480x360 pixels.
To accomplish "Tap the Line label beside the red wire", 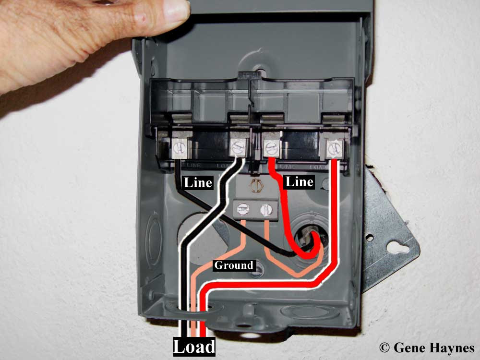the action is (x=300, y=182).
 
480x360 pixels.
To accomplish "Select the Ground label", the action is (x=233, y=265).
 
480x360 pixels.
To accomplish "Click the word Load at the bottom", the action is (x=194, y=347).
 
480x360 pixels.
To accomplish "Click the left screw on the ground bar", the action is (x=243, y=209).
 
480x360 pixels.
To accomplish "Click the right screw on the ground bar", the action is (x=264, y=209).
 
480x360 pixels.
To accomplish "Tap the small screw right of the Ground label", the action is (x=258, y=270).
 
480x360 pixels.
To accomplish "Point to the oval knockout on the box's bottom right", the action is (x=300, y=312).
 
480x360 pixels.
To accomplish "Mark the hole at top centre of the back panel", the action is (x=260, y=71).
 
